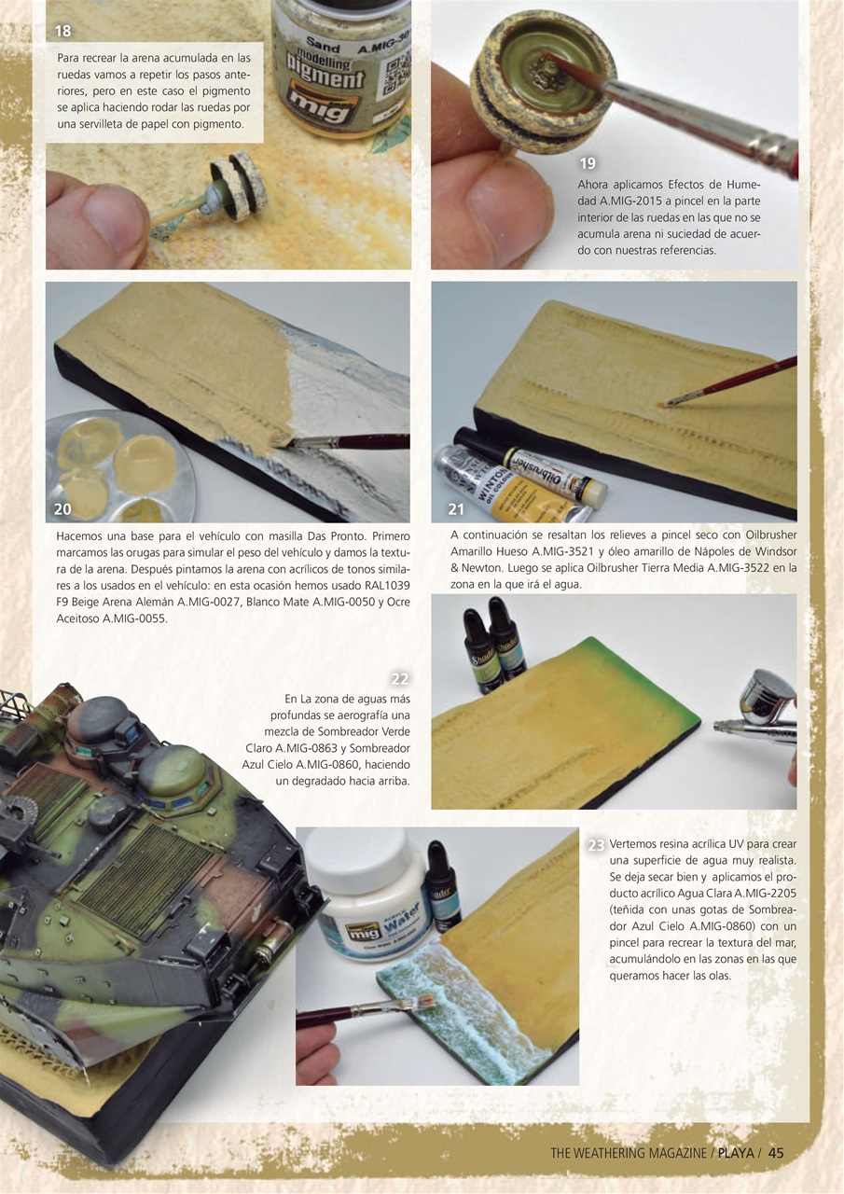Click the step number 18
point(63,31)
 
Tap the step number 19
point(588,163)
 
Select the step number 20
point(63,509)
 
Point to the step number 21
point(456,509)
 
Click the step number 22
point(400,679)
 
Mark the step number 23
point(596,845)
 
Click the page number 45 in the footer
point(776,1153)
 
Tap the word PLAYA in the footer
point(736,1153)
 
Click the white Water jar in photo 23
point(368,900)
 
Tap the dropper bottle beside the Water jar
point(442,886)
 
